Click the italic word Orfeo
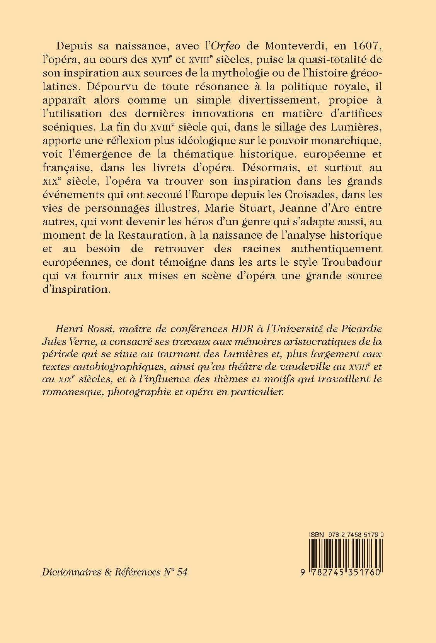224,47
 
